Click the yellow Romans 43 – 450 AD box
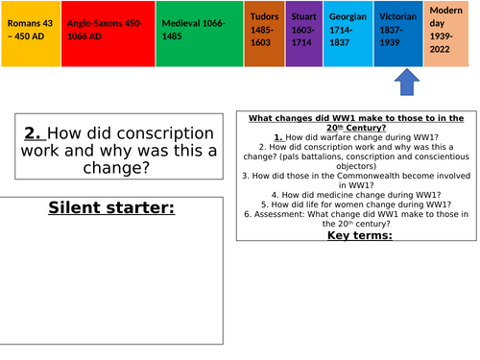31,33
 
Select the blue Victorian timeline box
396,33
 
